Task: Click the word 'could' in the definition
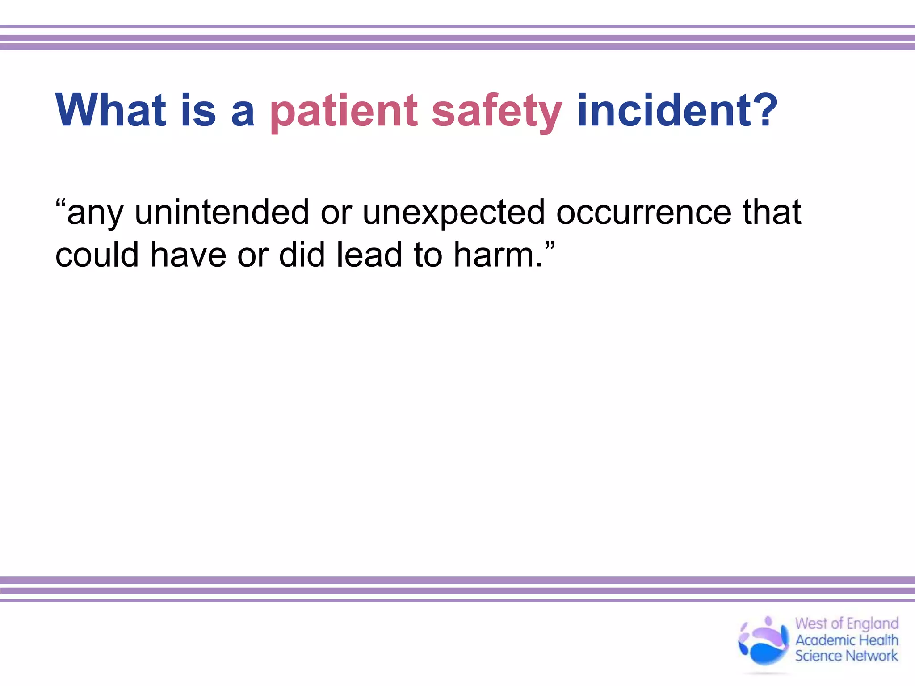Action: [x=97, y=255]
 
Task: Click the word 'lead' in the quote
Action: [x=369, y=255]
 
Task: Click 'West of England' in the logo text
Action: [x=847, y=623]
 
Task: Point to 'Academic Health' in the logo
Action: [x=847, y=640]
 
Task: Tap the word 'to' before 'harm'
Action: [x=428, y=255]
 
